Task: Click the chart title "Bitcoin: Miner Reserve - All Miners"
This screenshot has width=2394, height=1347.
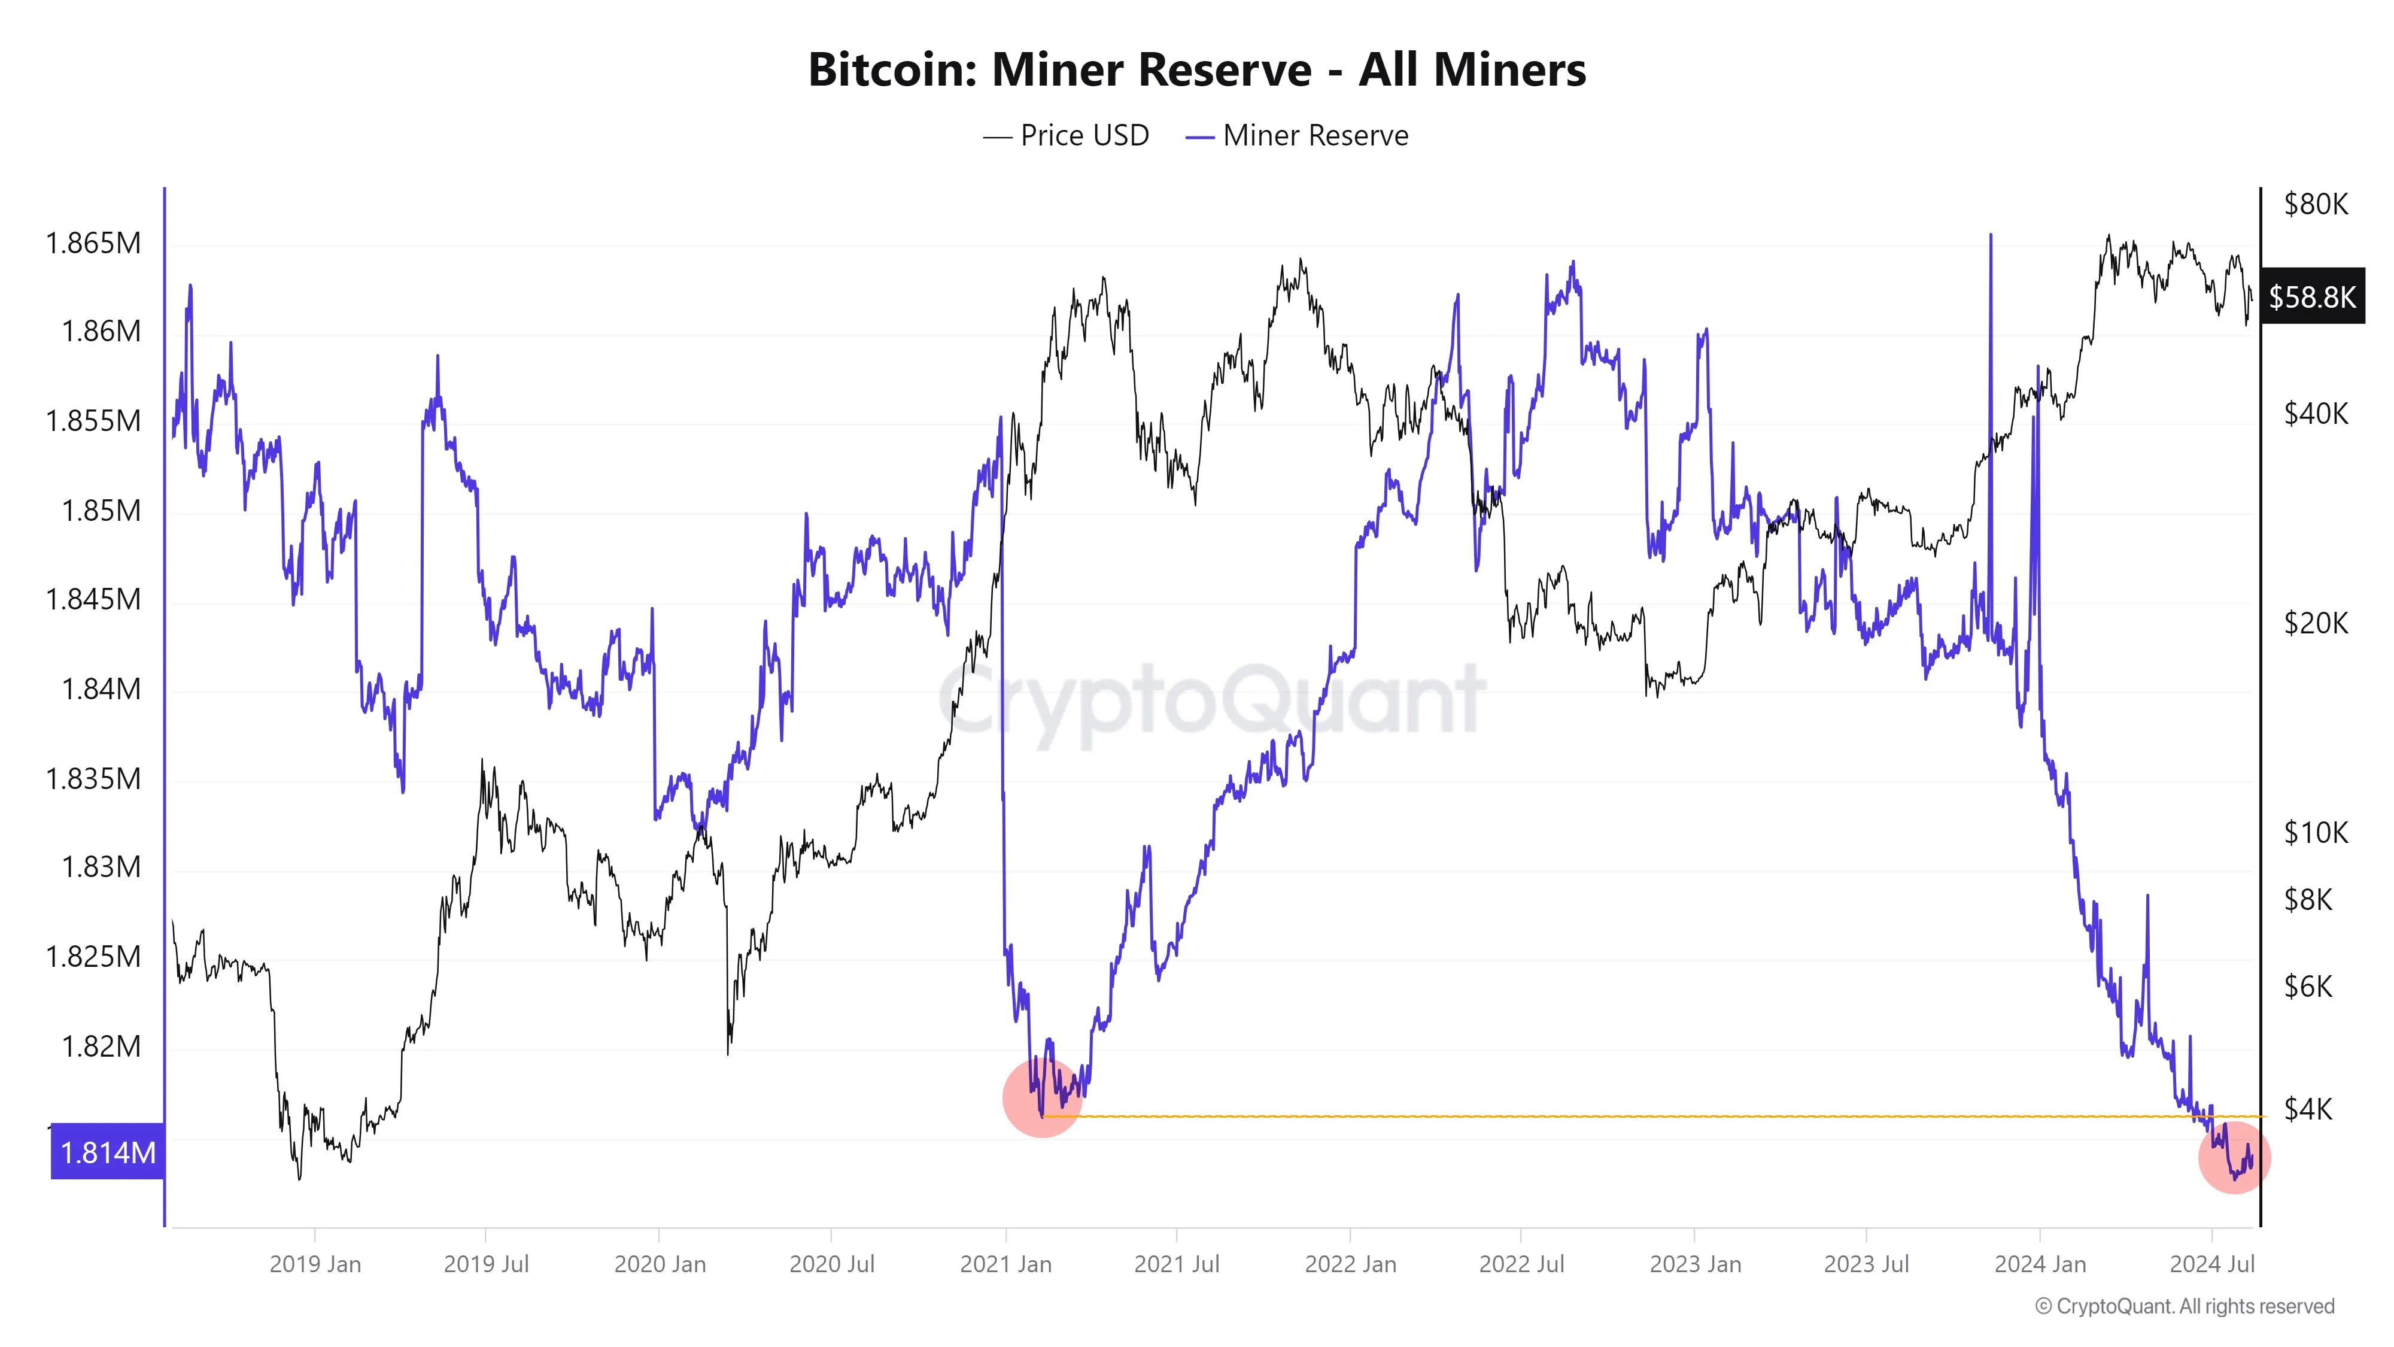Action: click(1197, 69)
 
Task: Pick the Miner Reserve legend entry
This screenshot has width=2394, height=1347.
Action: click(1298, 136)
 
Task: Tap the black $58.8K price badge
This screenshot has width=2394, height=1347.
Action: click(2311, 298)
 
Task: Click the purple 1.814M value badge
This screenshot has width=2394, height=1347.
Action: click(108, 1152)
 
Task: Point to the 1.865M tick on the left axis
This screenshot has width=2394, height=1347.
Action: click(94, 244)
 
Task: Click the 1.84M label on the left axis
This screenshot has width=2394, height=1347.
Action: click(101, 689)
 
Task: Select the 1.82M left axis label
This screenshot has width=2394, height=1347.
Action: click(101, 1046)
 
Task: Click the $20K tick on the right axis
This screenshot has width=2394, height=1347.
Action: click(2315, 623)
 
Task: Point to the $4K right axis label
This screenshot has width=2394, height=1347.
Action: click(2308, 1108)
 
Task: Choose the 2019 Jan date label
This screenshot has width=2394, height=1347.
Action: click(315, 1264)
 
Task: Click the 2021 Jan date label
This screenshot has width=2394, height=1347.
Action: click(1005, 1264)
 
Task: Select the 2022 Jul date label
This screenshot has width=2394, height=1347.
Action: click(1521, 1264)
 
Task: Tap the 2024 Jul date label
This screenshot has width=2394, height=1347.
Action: click(2212, 1264)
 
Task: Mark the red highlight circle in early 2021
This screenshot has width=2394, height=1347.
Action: click(1043, 1099)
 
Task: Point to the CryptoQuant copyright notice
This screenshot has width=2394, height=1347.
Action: click(2184, 1306)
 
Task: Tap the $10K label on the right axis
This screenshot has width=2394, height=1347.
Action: click(2315, 832)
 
